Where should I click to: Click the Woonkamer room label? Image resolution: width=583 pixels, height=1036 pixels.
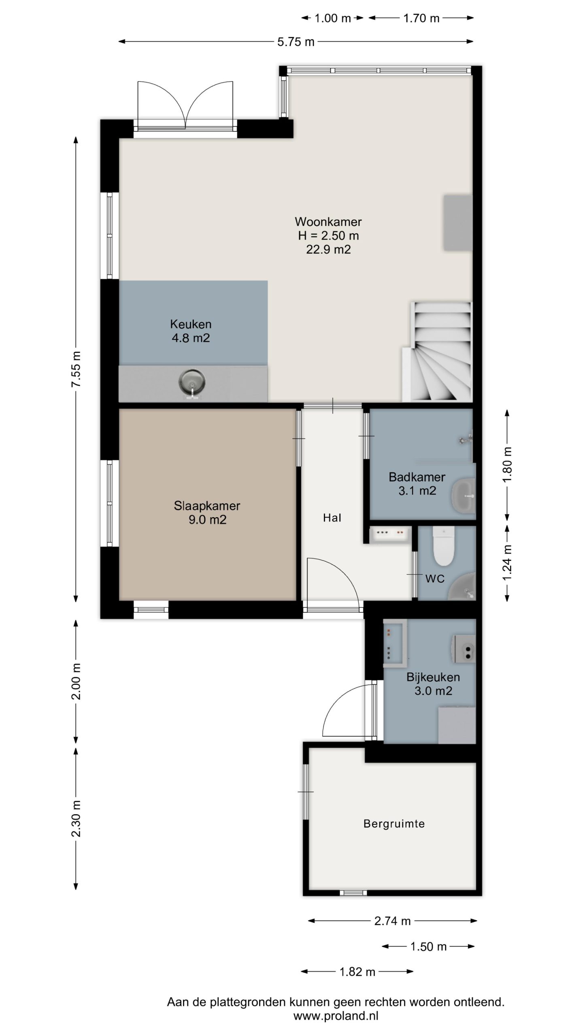point(328,222)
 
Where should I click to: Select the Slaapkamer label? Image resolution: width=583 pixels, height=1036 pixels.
point(207,506)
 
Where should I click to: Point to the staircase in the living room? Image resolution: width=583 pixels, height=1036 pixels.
point(438,352)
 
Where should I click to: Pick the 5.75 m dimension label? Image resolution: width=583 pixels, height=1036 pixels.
point(296,42)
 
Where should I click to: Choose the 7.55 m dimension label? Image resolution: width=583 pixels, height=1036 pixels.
point(76,369)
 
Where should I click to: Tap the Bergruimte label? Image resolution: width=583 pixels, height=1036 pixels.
point(394,824)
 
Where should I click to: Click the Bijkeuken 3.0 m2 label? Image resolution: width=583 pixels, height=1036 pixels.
point(433,684)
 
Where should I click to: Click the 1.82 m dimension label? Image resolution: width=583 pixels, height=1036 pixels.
point(357,972)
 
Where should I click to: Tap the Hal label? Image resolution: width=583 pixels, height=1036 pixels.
point(332,518)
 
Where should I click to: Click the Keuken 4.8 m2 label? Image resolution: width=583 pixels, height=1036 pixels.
point(191,331)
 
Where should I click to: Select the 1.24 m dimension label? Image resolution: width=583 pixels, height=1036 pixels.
point(507,563)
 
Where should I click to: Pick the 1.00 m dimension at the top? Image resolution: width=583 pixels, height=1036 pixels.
point(333,18)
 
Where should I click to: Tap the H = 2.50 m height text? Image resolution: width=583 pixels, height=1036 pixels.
point(328,236)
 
